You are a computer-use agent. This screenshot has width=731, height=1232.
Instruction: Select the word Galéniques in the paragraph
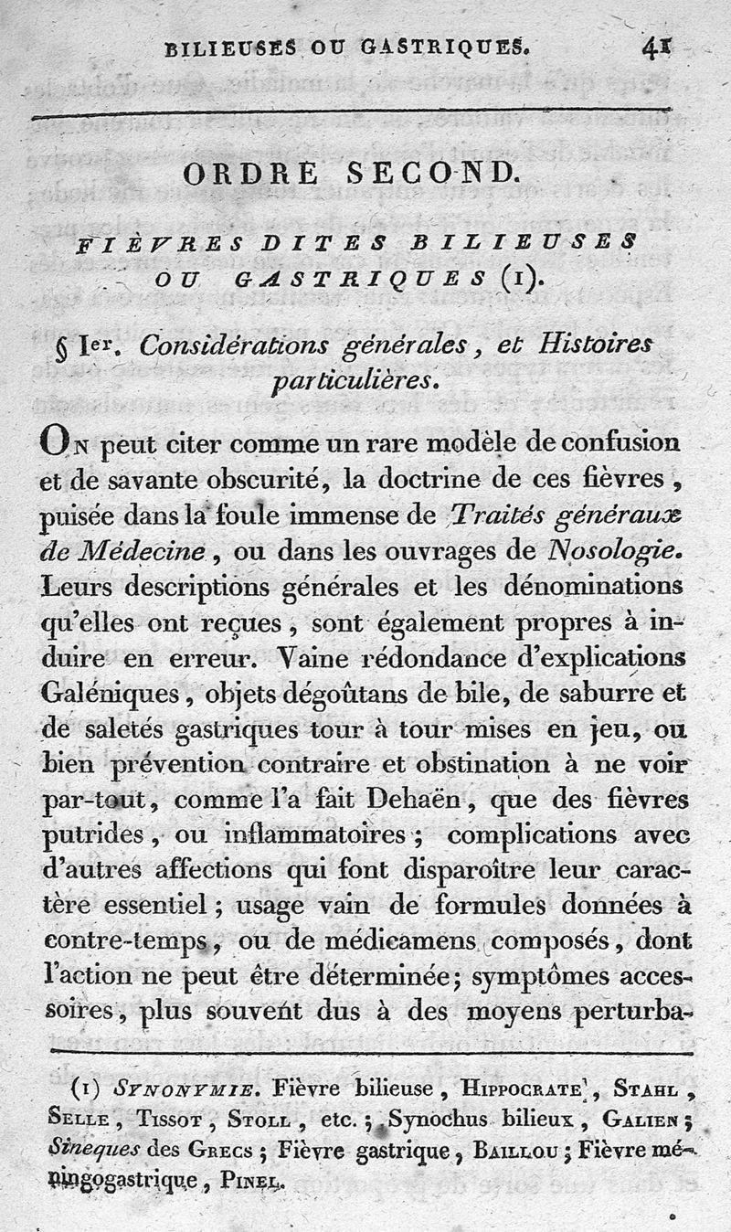coord(99,694)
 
